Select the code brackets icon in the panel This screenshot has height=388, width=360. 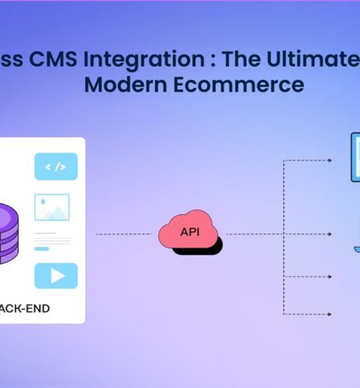tap(56, 166)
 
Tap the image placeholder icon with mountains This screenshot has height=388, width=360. tap(52, 207)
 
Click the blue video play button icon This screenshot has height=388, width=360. tap(56, 275)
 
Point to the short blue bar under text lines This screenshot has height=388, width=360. tap(42, 248)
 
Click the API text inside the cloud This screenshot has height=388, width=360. tap(189, 232)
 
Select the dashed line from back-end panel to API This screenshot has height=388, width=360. tap(126, 234)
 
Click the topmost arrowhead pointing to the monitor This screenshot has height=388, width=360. tap(330, 161)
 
